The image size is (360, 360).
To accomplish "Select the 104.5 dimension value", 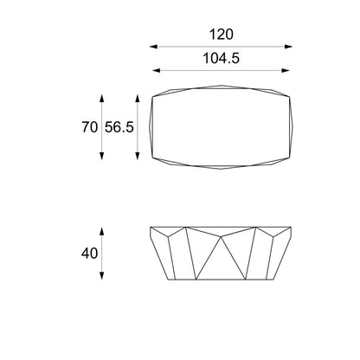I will (221, 57).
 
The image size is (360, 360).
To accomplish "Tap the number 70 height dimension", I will (87, 126).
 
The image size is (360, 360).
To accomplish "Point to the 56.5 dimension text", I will (119, 126).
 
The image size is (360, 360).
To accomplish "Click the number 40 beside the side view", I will (87, 254).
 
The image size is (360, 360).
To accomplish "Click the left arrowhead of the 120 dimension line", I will (151, 48).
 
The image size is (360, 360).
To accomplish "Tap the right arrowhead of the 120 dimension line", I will (292, 48).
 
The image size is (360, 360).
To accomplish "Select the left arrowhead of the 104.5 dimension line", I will (155, 71).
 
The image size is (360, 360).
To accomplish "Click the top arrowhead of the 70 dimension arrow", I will (103, 92).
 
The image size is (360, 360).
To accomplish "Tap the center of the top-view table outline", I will (221, 126).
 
